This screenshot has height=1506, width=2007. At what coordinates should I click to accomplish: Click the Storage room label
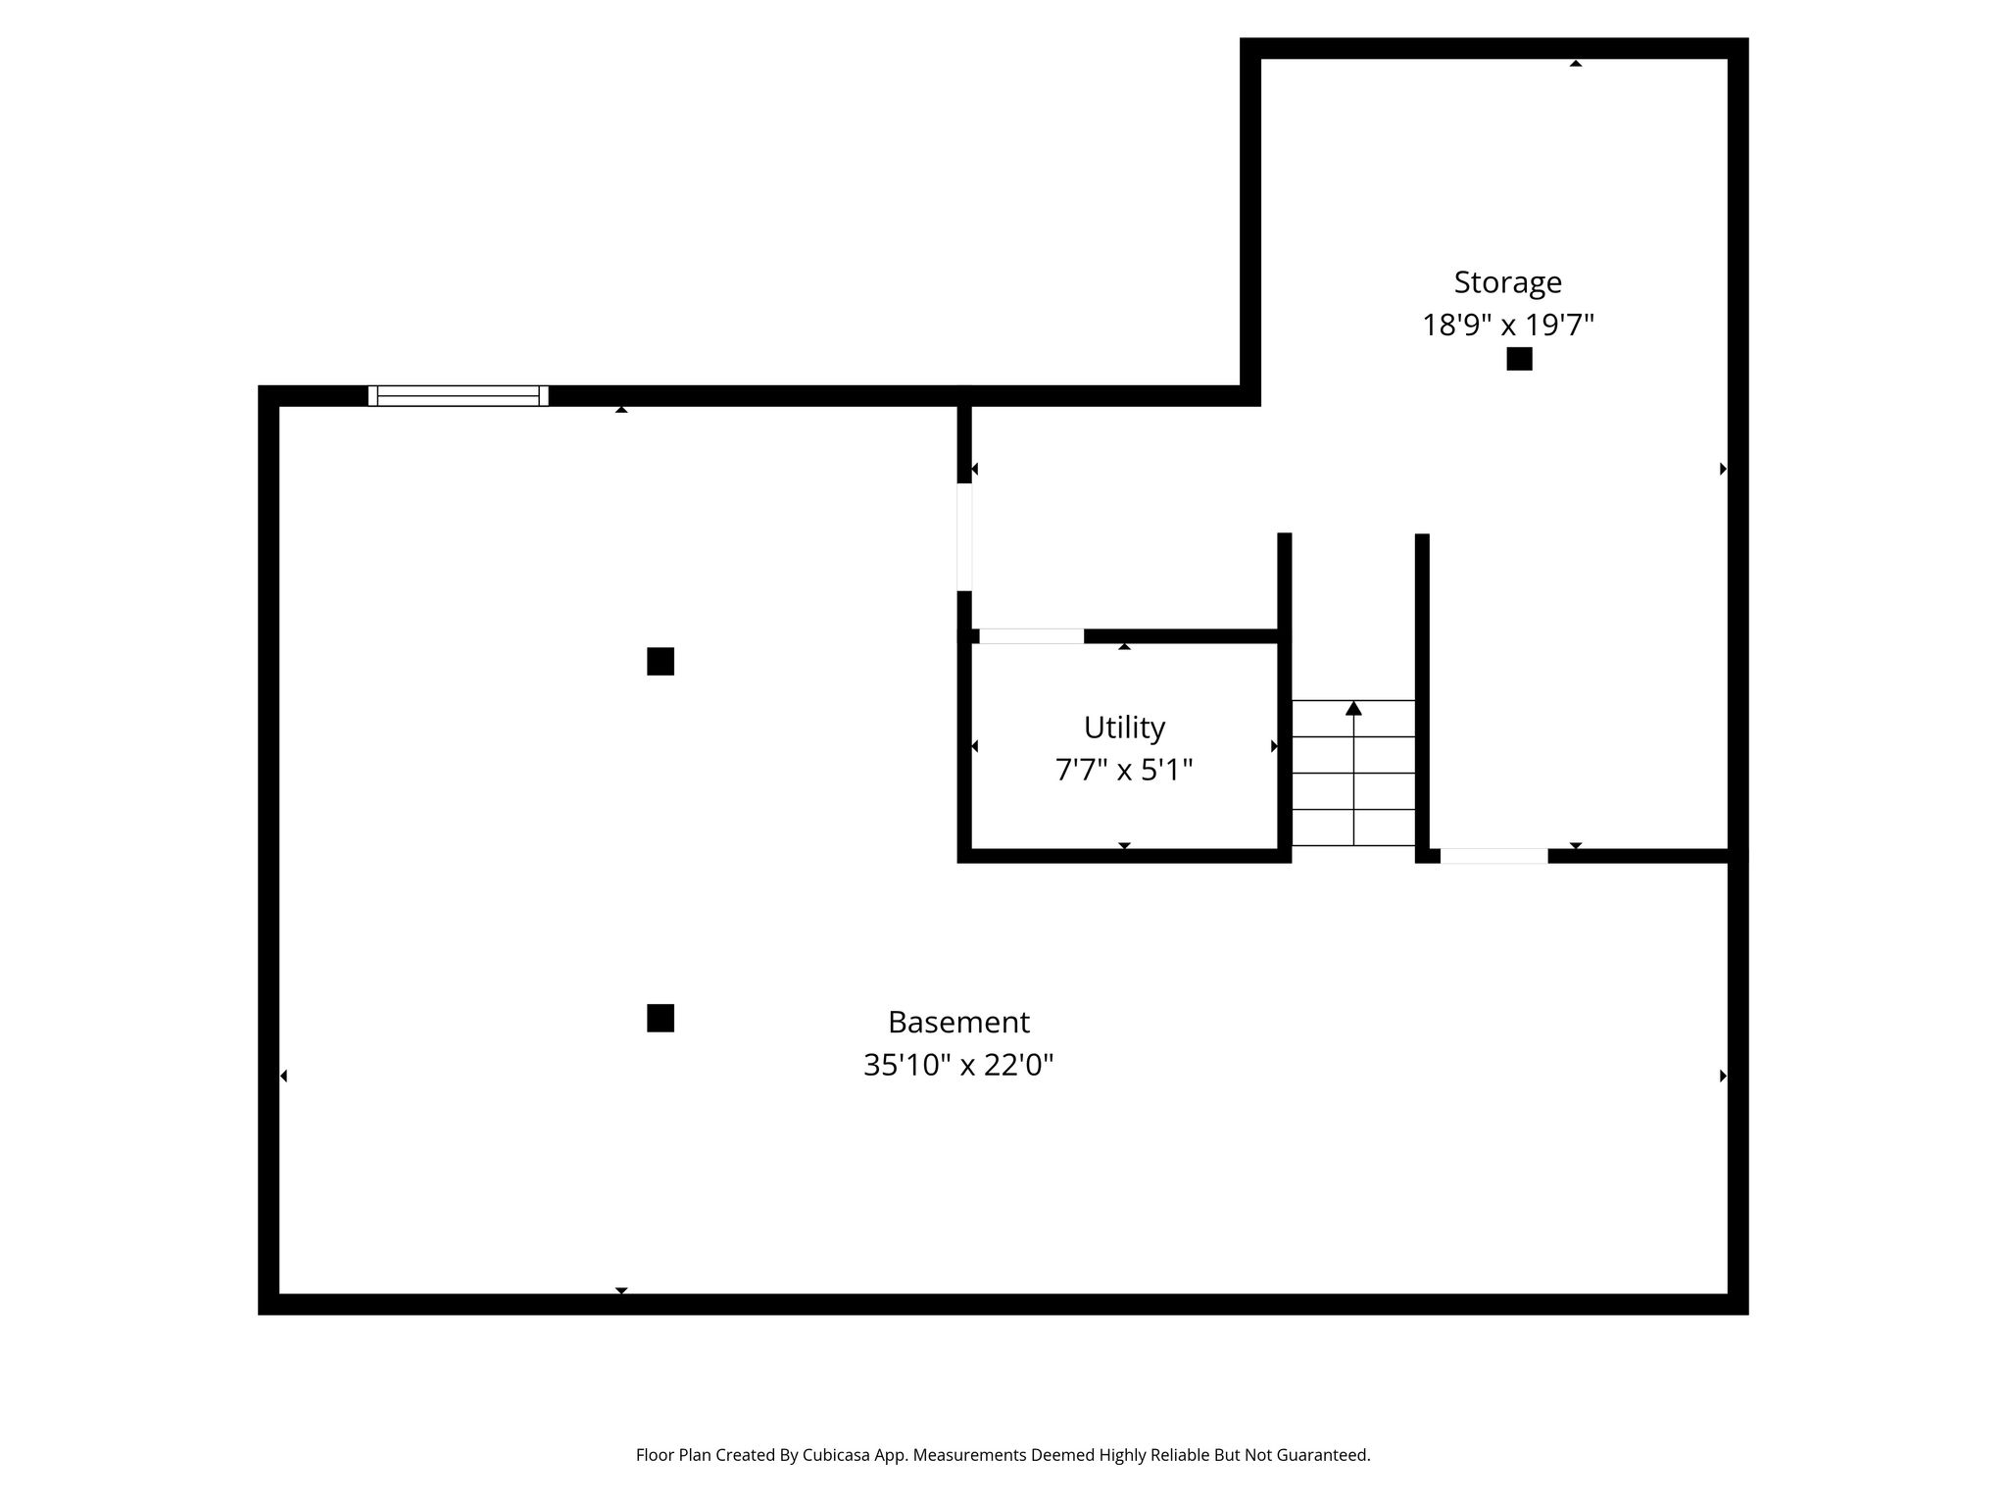point(1507,283)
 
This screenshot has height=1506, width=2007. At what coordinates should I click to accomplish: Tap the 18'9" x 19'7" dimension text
point(1508,325)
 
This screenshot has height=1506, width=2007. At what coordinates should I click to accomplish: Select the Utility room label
point(1124,728)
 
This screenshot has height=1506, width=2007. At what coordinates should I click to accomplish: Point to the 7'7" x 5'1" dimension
point(1124,770)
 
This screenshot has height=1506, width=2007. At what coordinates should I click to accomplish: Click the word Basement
point(958,1023)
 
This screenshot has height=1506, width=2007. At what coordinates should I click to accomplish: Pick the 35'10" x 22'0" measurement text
point(958,1065)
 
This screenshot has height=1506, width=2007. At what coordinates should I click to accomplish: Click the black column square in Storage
point(1519,359)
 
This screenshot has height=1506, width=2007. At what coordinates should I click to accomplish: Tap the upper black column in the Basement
point(661,662)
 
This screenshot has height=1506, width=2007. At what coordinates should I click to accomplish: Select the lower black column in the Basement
point(661,1019)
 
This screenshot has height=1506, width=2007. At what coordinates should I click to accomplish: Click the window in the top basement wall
point(458,396)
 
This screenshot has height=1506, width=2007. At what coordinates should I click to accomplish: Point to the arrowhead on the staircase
point(1353,708)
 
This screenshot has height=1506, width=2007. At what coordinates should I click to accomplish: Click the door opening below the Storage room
point(1493,856)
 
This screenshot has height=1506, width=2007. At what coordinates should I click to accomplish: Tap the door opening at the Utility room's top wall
point(1031,636)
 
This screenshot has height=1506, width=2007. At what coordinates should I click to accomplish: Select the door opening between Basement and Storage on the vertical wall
point(964,537)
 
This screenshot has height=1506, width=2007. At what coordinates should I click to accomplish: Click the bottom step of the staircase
point(1353,828)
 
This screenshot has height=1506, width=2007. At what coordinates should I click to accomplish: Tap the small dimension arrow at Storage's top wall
point(1576,64)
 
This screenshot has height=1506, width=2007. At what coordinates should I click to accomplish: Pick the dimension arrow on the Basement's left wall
point(283,1077)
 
